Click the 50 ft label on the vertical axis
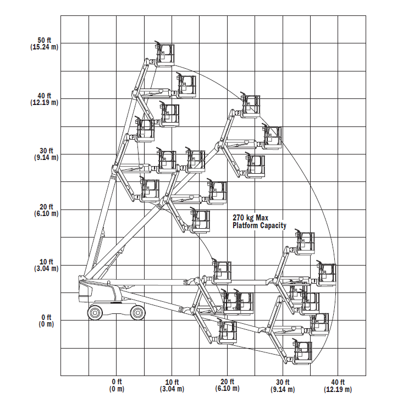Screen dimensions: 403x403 coord(44,41)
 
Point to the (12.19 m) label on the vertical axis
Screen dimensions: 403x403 coord(44,103)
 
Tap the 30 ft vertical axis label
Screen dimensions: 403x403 coord(44,151)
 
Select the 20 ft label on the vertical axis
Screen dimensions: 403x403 coord(44,206)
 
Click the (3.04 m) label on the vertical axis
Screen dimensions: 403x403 coord(44,268)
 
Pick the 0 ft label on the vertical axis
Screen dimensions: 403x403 coord(44,317)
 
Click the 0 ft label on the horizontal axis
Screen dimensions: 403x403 coord(116,382)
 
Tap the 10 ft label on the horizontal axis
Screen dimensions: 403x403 coord(172,382)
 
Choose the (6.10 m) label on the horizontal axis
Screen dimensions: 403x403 coord(227,389)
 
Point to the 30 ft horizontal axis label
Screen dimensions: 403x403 coord(283,382)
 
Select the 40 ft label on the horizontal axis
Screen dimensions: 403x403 coord(338,382)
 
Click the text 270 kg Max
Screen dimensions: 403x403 coord(250,218)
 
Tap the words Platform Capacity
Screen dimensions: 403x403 coord(259,225)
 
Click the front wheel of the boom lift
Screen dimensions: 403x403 coord(137,313)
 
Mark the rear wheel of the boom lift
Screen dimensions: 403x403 coord(95,313)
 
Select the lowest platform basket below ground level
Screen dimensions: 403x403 coord(302,352)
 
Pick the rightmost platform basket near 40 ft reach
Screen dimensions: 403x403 coord(326,274)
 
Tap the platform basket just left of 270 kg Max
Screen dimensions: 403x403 coord(200,220)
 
